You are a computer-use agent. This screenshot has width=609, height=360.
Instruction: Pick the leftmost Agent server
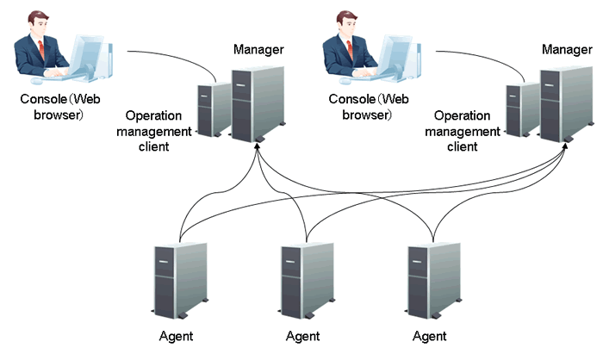pyautogui.click(x=180, y=278)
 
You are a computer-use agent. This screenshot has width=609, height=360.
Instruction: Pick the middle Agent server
pyautogui.click(x=307, y=278)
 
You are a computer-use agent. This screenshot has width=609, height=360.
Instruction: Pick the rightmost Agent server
pyautogui.click(x=432, y=278)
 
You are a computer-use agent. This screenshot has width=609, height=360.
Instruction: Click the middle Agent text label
pyautogui.click(x=303, y=335)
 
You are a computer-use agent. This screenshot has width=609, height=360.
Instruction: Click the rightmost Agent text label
pyautogui.click(x=429, y=335)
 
